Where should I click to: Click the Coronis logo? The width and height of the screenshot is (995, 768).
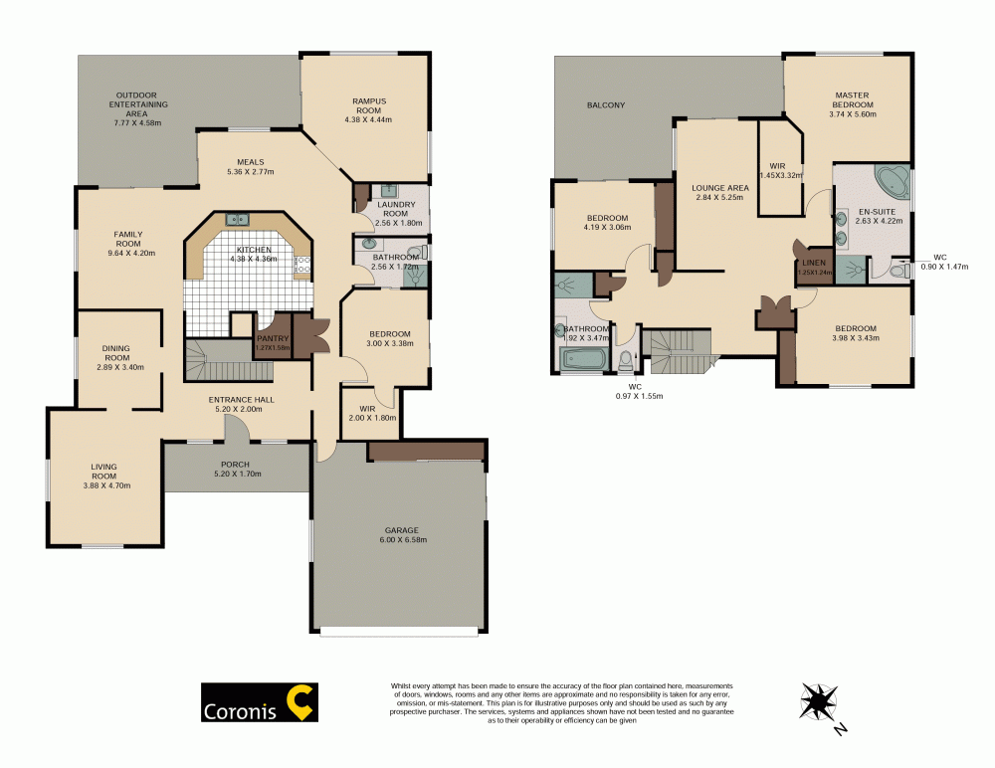259,701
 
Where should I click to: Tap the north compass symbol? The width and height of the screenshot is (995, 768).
819,702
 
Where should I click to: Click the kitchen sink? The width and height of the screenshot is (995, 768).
238,220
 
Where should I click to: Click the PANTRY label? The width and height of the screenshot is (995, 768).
272,338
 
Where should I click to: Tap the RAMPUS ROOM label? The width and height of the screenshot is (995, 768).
367,105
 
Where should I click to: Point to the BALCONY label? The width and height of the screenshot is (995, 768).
606,104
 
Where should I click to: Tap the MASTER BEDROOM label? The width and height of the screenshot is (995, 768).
852,99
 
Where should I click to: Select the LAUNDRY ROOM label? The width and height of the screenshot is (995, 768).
396,209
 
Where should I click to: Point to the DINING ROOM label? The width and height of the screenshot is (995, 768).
116,352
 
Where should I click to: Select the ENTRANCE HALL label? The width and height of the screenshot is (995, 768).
241,400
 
